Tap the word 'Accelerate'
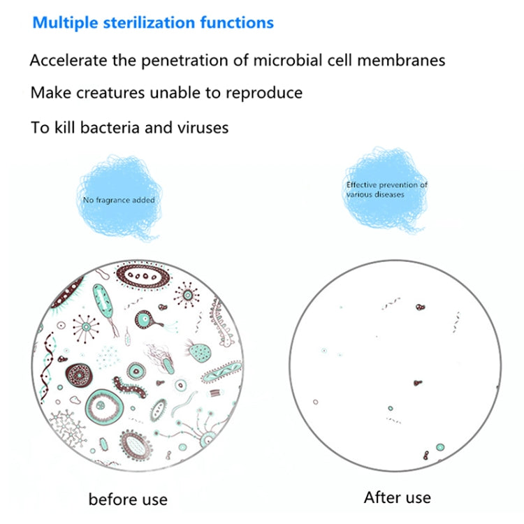[x=67, y=60]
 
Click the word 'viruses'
[x=203, y=128]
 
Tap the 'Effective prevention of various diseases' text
[x=386, y=189]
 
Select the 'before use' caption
[x=128, y=499]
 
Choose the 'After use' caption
[x=397, y=497]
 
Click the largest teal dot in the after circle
[x=440, y=447]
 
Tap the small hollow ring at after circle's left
[x=316, y=402]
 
